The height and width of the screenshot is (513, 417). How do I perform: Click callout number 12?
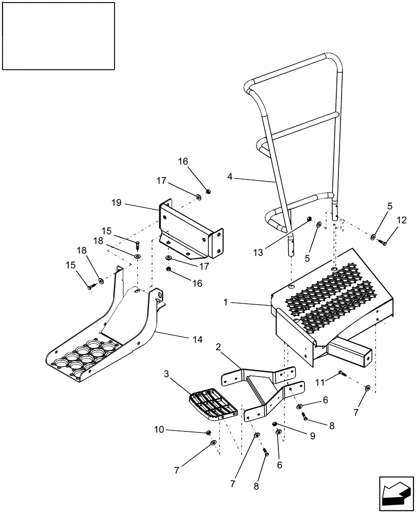click(x=401, y=221)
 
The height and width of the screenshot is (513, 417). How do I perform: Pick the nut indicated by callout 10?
click(x=208, y=432)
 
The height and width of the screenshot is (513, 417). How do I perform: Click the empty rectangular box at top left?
click(x=58, y=35)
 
